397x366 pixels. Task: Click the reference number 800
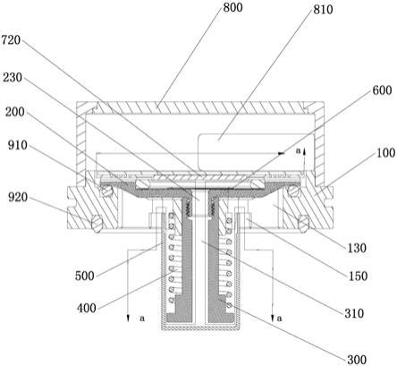coord(232,7)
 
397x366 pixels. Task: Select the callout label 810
coord(323,10)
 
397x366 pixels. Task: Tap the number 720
coord(12,40)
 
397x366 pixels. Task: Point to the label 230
coord(13,78)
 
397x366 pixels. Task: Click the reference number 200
coord(14,112)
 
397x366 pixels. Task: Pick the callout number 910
coord(17,145)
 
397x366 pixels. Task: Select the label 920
coord(18,197)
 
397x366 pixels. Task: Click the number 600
coord(382,90)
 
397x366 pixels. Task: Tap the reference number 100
coord(386,153)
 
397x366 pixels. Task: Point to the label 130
coord(357,248)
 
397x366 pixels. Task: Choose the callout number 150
coord(358,277)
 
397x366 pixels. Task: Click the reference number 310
coord(354,313)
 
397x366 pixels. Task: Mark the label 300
coord(357,360)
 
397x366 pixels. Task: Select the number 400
coord(87,308)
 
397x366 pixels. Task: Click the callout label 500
coord(85,276)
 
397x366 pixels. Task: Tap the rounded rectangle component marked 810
coord(256,152)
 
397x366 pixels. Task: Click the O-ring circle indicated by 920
coord(97,223)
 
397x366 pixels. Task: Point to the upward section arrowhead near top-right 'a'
coord(305,151)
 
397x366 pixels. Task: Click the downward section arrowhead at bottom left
coord(128,318)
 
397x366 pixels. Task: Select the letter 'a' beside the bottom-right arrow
coord(279,319)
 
